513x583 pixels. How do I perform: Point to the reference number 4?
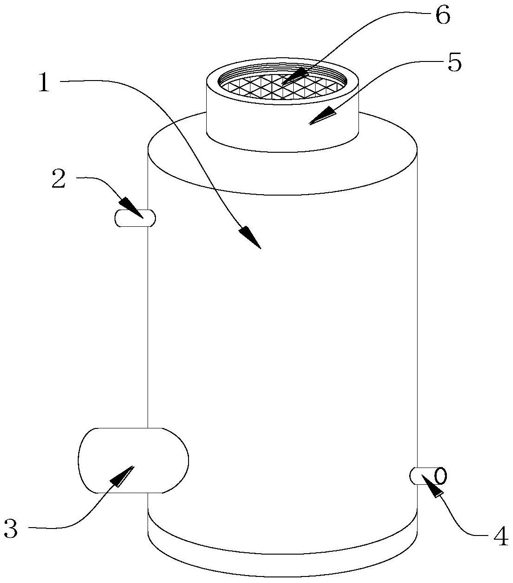point(500,536)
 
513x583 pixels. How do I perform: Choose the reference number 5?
point(454,62)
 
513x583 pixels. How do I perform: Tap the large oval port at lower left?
point(133,460)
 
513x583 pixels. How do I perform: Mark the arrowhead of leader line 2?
point(133,208)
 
